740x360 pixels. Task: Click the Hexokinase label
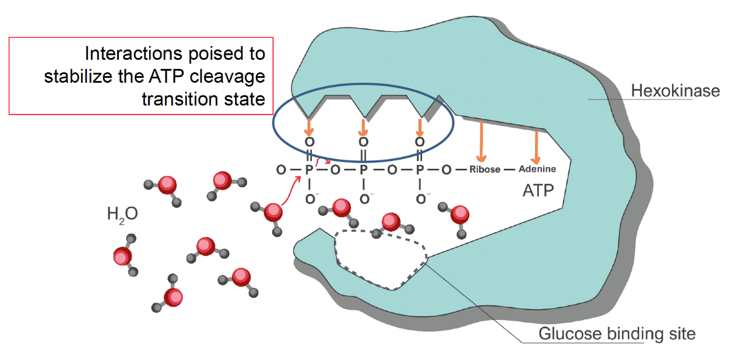pyautogui.click(x=675, y=90)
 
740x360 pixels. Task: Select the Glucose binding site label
pyautogui.click(x=617, y=333)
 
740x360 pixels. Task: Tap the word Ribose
pyautogui.click(x=485, y=169)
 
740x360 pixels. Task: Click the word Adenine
pyautogui.click(x=537, y=169)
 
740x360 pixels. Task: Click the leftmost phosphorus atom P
pyautogui.click(x=309, y=169)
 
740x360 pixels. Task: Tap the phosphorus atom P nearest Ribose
pyautogui.click(x=420, y=169)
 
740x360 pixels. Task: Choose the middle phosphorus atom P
pyautogui.click(x=363, y=169)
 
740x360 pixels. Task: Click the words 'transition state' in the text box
pyautogui.click(x=203, y=99)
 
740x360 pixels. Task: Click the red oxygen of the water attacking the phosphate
pyautogui.click(x=273, y=212)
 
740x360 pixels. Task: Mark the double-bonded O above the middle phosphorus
pyautogui.click(x=363, y=142)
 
